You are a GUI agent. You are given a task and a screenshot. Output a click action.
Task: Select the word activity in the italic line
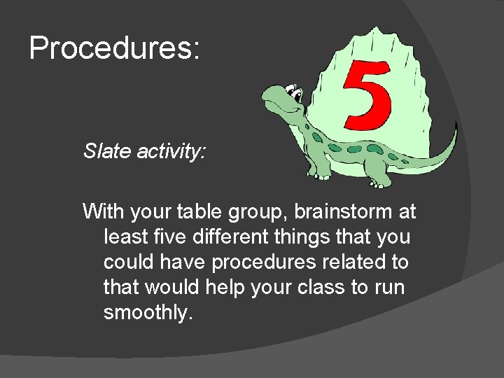168,151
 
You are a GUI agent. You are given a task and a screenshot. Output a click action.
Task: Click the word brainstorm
349,211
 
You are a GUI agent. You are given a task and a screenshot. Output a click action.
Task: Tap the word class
323,287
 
